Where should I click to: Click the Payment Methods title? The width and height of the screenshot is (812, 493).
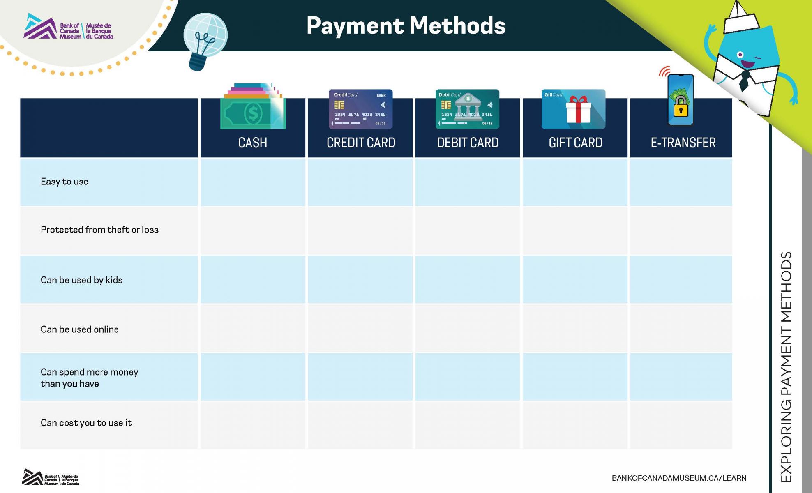click(406, 25)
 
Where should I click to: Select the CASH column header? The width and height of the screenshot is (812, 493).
click(253, 143)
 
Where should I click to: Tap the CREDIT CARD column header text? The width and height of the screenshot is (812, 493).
click(361, 143)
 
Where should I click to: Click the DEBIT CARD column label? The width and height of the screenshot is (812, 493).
click(468, 143)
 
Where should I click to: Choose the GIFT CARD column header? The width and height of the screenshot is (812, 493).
click(575, 143)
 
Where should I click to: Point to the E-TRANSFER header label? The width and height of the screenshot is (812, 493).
click(683, 143)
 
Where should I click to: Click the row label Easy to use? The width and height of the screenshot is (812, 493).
click(65, 182)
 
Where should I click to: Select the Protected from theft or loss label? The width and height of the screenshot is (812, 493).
click(99, 230)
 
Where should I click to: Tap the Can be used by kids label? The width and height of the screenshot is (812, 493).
click(81, 280)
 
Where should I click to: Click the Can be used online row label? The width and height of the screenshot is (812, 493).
click(80, 329)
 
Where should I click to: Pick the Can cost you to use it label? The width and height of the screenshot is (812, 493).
click(86, 423)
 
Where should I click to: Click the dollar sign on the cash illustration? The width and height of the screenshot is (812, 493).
click(253, 113)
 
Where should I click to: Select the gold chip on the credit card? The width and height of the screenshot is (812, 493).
click(339, 105)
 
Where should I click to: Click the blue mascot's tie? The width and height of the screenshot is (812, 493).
click(744, 80)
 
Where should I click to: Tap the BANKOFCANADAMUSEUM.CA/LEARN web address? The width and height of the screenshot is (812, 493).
click(679, 478)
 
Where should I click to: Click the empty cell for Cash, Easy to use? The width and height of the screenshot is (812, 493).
click(253, 182)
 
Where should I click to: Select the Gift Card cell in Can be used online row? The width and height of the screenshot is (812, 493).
click(575, 328)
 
